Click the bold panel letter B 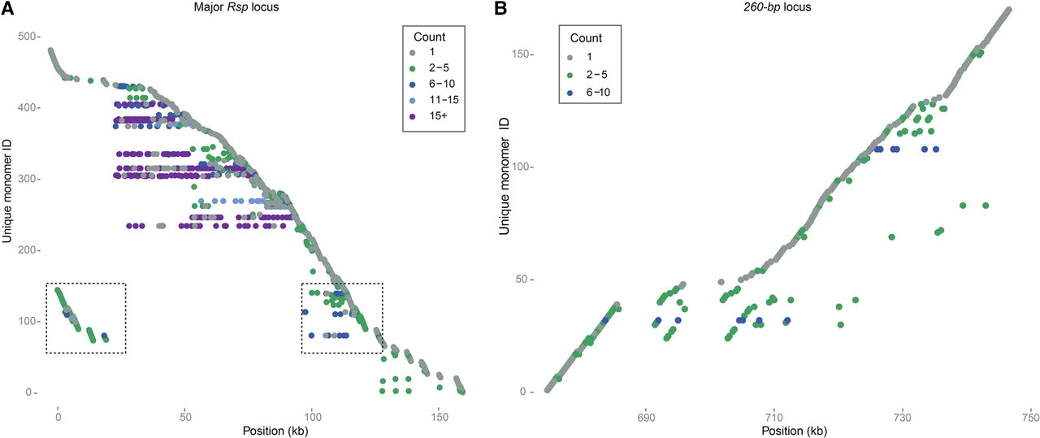click(501, 10)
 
